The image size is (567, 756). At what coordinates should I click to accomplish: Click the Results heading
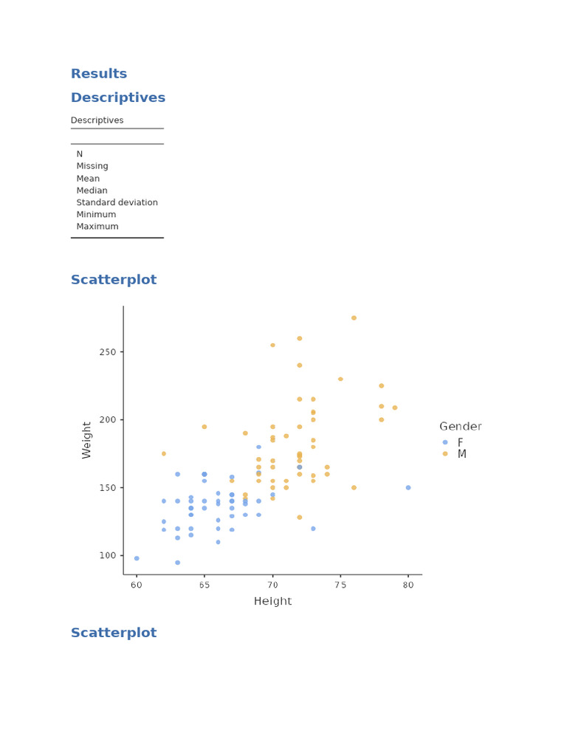(99, 74)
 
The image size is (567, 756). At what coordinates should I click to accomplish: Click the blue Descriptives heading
(118, 97)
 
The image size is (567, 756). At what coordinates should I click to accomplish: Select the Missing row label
(92, 166)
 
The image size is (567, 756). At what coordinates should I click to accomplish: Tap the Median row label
(92, 190)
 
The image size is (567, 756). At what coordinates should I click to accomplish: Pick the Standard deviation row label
(117, 202)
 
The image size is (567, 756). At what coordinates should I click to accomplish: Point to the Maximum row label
(97, 227)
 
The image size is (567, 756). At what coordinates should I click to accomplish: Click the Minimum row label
(97, 215)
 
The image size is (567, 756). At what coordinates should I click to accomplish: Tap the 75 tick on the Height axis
(340, 585)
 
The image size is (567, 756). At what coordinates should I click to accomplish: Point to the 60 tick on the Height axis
(137, 585)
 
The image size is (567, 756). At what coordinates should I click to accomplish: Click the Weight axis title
(87, 440)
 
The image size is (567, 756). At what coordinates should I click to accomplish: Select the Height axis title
(272, 602)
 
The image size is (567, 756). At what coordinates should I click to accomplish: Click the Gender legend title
(460, 427)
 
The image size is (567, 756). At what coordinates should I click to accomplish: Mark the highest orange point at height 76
(354, 318)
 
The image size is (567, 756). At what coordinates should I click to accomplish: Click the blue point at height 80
(408, 488)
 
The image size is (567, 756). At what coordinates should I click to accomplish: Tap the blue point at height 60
(137, 558)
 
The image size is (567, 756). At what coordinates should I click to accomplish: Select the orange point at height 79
(395, 408)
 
